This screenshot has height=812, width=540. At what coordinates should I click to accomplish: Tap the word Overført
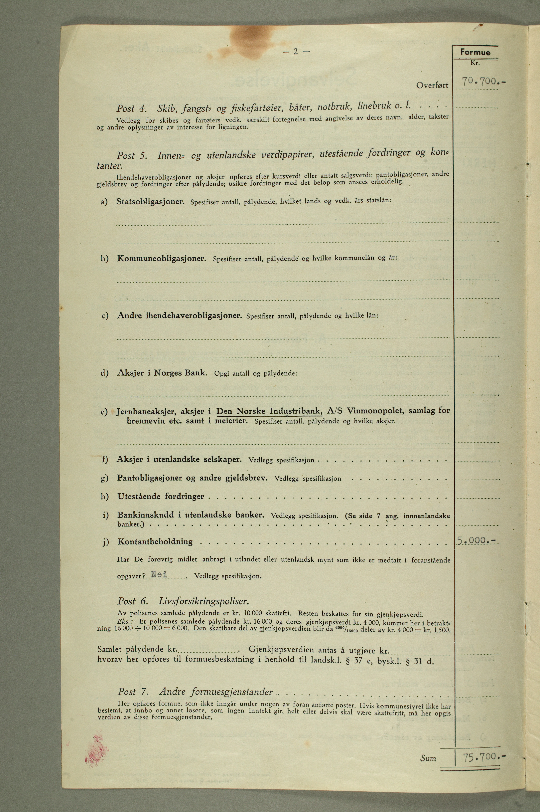(x=432, y=85)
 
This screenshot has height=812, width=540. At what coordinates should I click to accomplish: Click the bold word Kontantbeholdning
(x=155, y=541)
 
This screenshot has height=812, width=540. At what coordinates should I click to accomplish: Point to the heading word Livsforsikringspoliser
(x=203, y=601)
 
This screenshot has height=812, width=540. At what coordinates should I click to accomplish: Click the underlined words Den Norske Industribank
(x=269, y=411)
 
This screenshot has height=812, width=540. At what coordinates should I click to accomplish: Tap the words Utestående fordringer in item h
(x=161, y=497)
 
